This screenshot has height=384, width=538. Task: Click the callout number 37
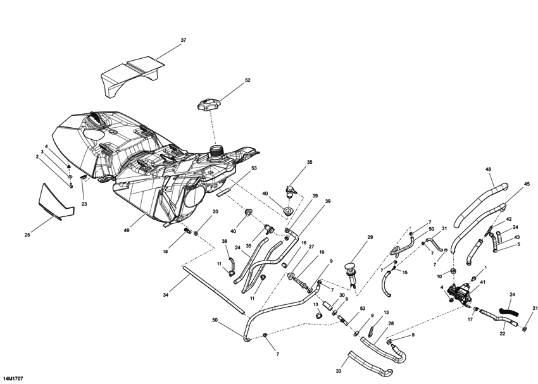[184, 40]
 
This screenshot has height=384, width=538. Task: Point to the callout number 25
[27, 235]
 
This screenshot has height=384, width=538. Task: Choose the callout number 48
[488, 170]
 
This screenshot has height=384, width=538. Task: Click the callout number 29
[370, 237]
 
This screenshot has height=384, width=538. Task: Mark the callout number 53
[254, 168]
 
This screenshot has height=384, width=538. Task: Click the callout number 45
[526, 184]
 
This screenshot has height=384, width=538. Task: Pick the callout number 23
[84, 204]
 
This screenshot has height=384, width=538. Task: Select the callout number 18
[166, 252]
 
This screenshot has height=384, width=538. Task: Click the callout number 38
[224, 241]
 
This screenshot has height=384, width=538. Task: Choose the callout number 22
[502, 333]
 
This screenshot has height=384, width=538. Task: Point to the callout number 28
[391, 324]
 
